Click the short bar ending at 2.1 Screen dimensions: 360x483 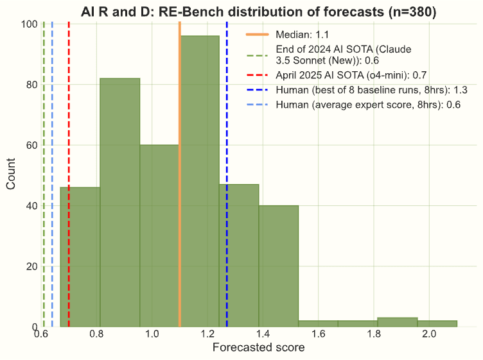pos(437,323)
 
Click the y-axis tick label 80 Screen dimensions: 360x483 pos(29,84)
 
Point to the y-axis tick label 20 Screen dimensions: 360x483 pos(29,266)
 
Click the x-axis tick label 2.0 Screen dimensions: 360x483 pos(429,335)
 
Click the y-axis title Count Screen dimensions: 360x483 pos(12,175)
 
